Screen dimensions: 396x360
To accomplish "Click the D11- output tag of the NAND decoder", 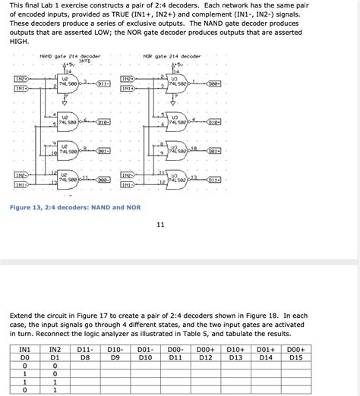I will click(104, 83).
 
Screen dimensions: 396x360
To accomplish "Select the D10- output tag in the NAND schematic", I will click(104, 121).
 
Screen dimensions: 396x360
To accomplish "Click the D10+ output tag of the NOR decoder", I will click(214, 121).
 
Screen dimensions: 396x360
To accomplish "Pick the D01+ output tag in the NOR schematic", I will click(214, 150).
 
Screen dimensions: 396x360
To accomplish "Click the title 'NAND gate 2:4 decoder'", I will click(70, 56).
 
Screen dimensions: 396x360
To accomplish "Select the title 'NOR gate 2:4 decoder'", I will click(172, 56).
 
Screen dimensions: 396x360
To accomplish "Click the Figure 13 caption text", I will click(74, 207).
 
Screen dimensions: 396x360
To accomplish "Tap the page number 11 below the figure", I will click(160, 225).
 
